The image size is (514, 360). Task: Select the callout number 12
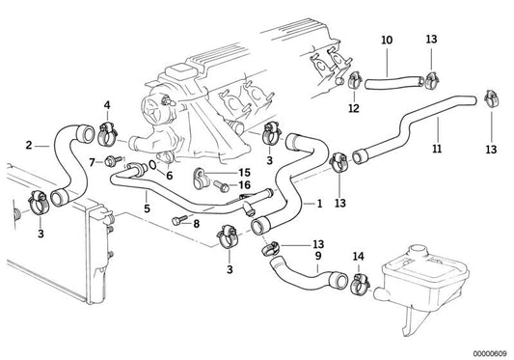point(354,108)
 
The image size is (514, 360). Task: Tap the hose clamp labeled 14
point(361,282)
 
